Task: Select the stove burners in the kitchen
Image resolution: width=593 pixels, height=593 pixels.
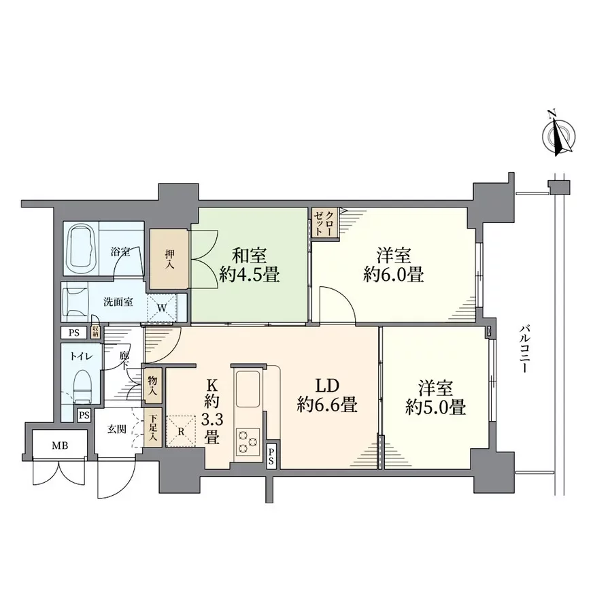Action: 247,443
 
